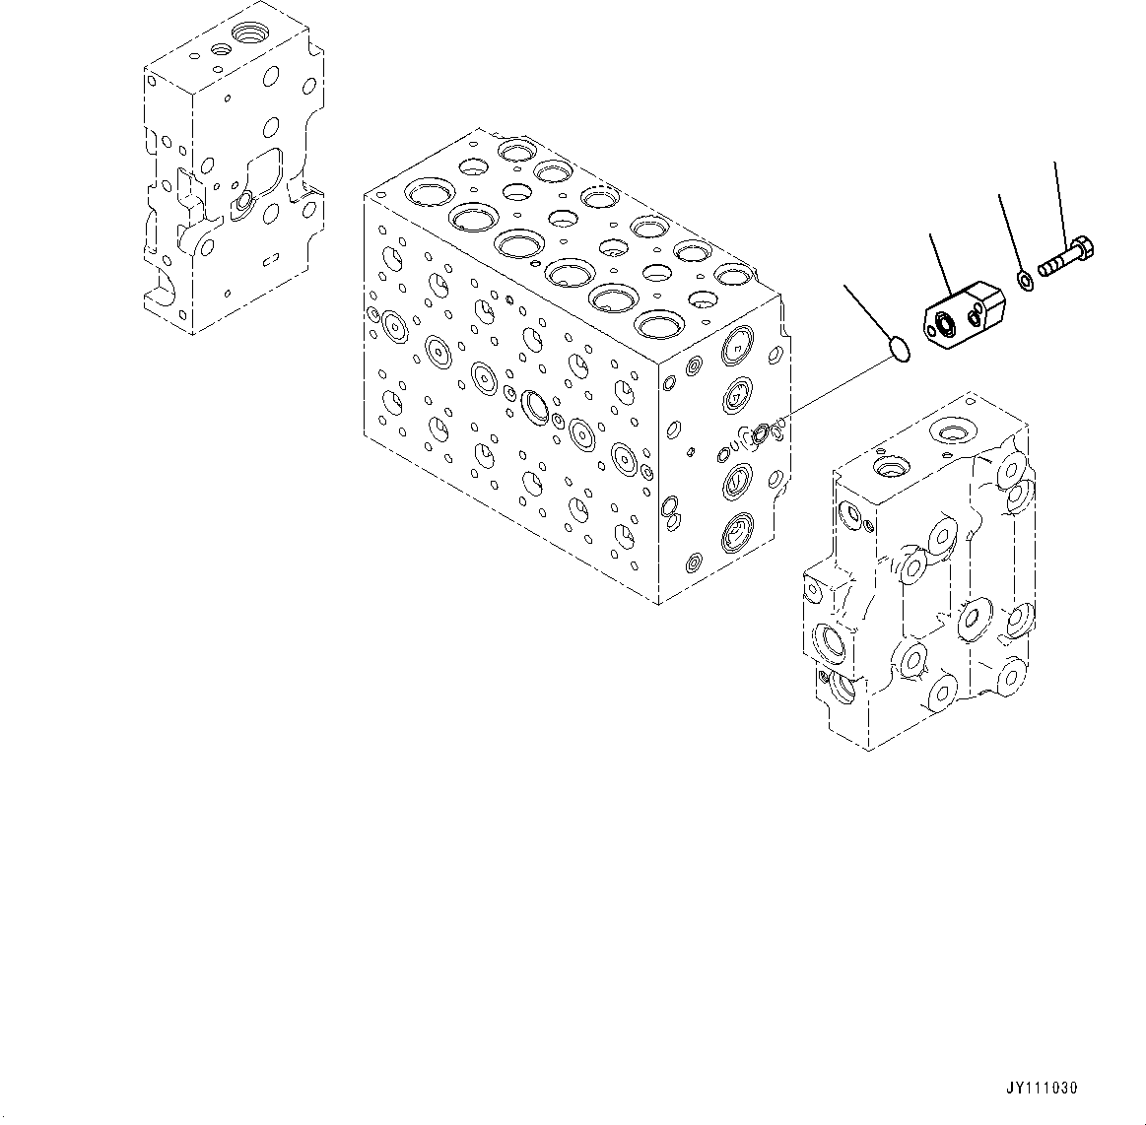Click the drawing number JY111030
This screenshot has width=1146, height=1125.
[1042, 1089]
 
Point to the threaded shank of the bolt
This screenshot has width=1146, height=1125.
[1054, 263]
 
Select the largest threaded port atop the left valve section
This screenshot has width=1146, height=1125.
[246, 38]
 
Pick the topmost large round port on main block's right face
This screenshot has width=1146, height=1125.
[737, 346]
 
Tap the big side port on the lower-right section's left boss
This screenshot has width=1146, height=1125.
[824, 642]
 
